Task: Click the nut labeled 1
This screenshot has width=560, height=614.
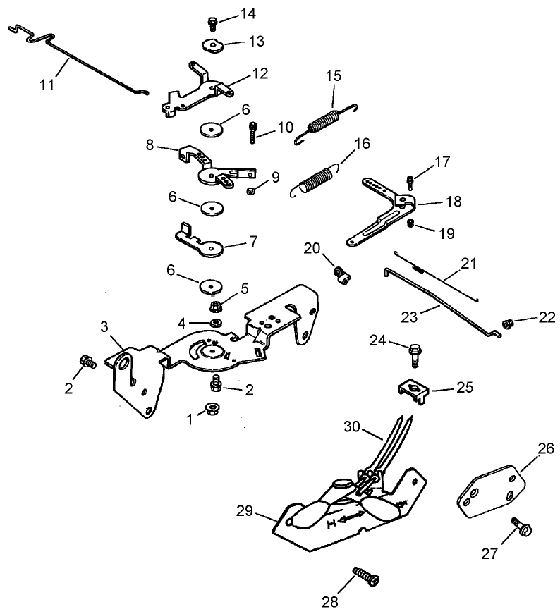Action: [212, 409]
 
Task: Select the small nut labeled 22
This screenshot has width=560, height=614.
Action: [506, 324]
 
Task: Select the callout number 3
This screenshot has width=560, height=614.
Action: [104, 326]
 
